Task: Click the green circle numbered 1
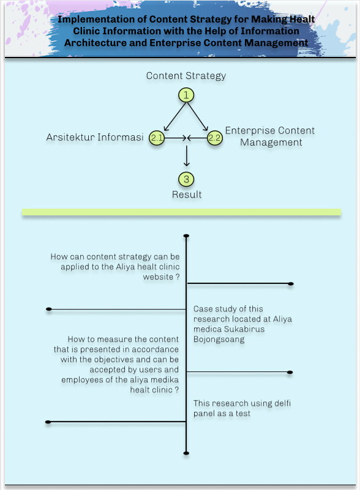(186, 95)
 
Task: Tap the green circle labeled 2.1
(157, 138)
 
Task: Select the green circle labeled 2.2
(215, 138)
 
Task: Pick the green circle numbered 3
(186, 179)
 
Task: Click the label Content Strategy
(186, 76)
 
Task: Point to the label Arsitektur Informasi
(95, 137)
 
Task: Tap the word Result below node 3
(187, 195)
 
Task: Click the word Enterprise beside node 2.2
(250, 131)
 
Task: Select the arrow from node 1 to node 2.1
(175, 117)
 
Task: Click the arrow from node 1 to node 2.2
(198, 117)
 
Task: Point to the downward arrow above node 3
(186, 155)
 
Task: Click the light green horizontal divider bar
(181, 212)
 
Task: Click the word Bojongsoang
(219, 340)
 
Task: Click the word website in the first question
(158, 277)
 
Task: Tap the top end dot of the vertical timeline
(186, 236)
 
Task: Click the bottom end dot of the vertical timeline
(186, 453)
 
